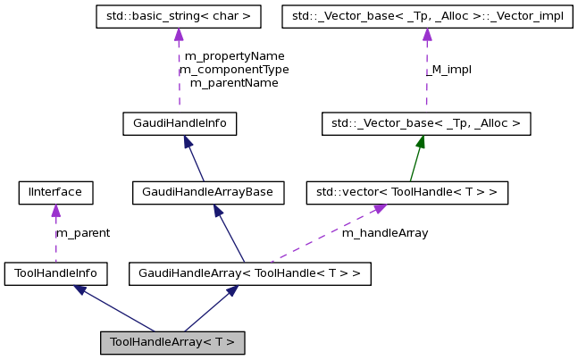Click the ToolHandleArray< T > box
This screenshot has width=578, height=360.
pyautogui.click(x=172, y=342)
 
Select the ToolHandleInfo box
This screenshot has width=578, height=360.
pyautogui.click(x=55, y=272)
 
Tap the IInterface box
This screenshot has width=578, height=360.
pyautogui.click(x=55, y=191)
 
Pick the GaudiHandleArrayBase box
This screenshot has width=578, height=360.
pyautogui.click(x=207, y=191)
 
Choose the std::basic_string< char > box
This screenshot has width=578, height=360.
pyautogui.click(x=179, y=15)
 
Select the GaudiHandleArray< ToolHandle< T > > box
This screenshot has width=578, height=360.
pyautogui.click(x=249, y=272)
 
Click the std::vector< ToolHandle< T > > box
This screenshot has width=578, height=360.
pyautogui.click(x=406, y=191)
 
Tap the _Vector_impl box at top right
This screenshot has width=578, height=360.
pyautogui.click(x=426, y=15)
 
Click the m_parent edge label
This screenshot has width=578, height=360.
pyautogui.click(x=83, y=233)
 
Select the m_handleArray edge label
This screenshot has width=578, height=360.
pyautogui.click(x=384, y=233)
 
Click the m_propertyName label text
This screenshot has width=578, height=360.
pyautogui.click(x=234, y=55)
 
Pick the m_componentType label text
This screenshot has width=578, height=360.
pyautogui.click(x=234, y=69)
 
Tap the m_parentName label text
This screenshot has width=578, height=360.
pyautogui.click(x=234, y=82)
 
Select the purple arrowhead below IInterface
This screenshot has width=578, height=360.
pyautogui.click(x=55, y=210)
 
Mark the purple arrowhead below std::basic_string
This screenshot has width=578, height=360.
pyautogui.click(x=179, y=34)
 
